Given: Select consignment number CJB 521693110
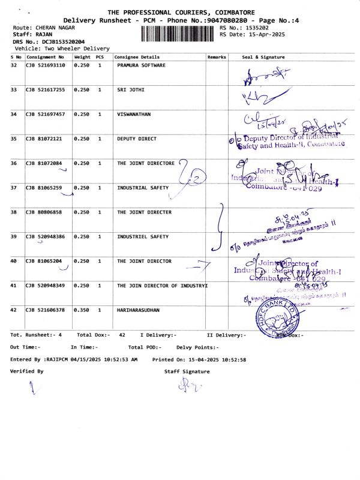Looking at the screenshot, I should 45,65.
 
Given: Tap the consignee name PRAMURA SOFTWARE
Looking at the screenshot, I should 141,65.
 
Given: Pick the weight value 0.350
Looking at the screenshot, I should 81,310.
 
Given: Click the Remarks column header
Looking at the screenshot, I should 217,56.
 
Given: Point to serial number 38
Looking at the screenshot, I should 14,212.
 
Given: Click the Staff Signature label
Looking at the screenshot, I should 187,371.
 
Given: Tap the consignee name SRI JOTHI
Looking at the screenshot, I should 131,89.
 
